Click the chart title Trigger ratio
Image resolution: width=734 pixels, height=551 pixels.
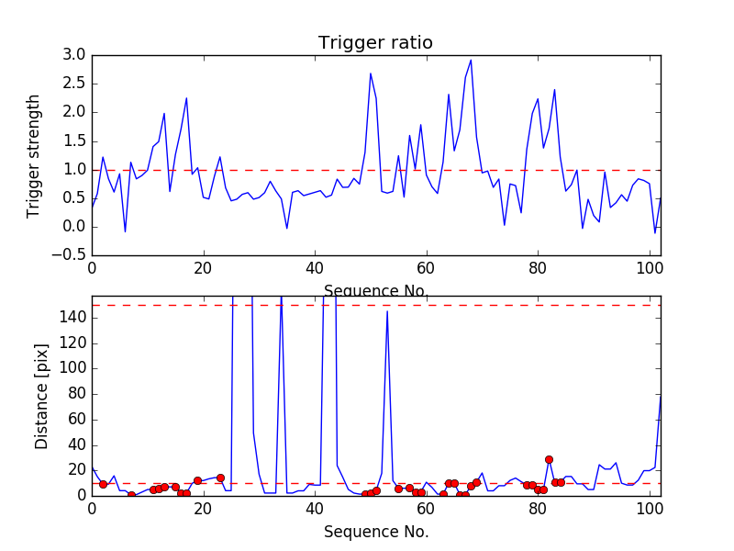click(375, 43)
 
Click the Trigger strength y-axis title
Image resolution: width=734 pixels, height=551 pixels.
click(34, 155)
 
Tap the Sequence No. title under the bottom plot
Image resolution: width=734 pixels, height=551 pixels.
click(376, 532)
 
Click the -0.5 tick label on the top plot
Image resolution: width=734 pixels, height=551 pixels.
click(70, 255)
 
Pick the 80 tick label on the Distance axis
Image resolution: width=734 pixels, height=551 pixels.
click(75, 393)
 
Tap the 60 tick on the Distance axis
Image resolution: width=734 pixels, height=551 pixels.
click(75, 419)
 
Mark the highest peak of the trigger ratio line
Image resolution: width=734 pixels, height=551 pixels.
click(471, 61)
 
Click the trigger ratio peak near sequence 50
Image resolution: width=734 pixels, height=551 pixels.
click(371, 73)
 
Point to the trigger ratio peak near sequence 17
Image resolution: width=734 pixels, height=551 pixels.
click(186, 98)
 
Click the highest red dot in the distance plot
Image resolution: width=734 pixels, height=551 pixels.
click(549, 459)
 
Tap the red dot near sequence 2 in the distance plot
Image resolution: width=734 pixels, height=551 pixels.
click(103, 484)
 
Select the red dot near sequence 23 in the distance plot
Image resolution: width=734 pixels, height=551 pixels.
click(220, 478)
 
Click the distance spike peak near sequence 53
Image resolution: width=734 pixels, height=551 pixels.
click(387, 311)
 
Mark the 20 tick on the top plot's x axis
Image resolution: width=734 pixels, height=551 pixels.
click(203, 267)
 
